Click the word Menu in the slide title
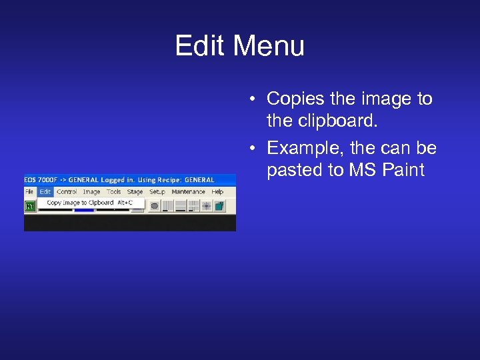[269, 47]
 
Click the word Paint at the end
[403, 171]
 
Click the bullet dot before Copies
[255, 100]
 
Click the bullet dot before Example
[255, 148]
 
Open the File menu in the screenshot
[29, 192]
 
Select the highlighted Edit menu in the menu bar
[45, 192]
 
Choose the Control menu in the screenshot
[67, 192]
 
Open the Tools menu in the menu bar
[114, 192]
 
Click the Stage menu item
[135, 192]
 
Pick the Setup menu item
[157, 192]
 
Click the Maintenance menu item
[188, 192]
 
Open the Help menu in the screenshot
[217, 192]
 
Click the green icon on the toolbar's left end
[30, 206]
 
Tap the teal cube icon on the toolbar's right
[219, 206]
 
